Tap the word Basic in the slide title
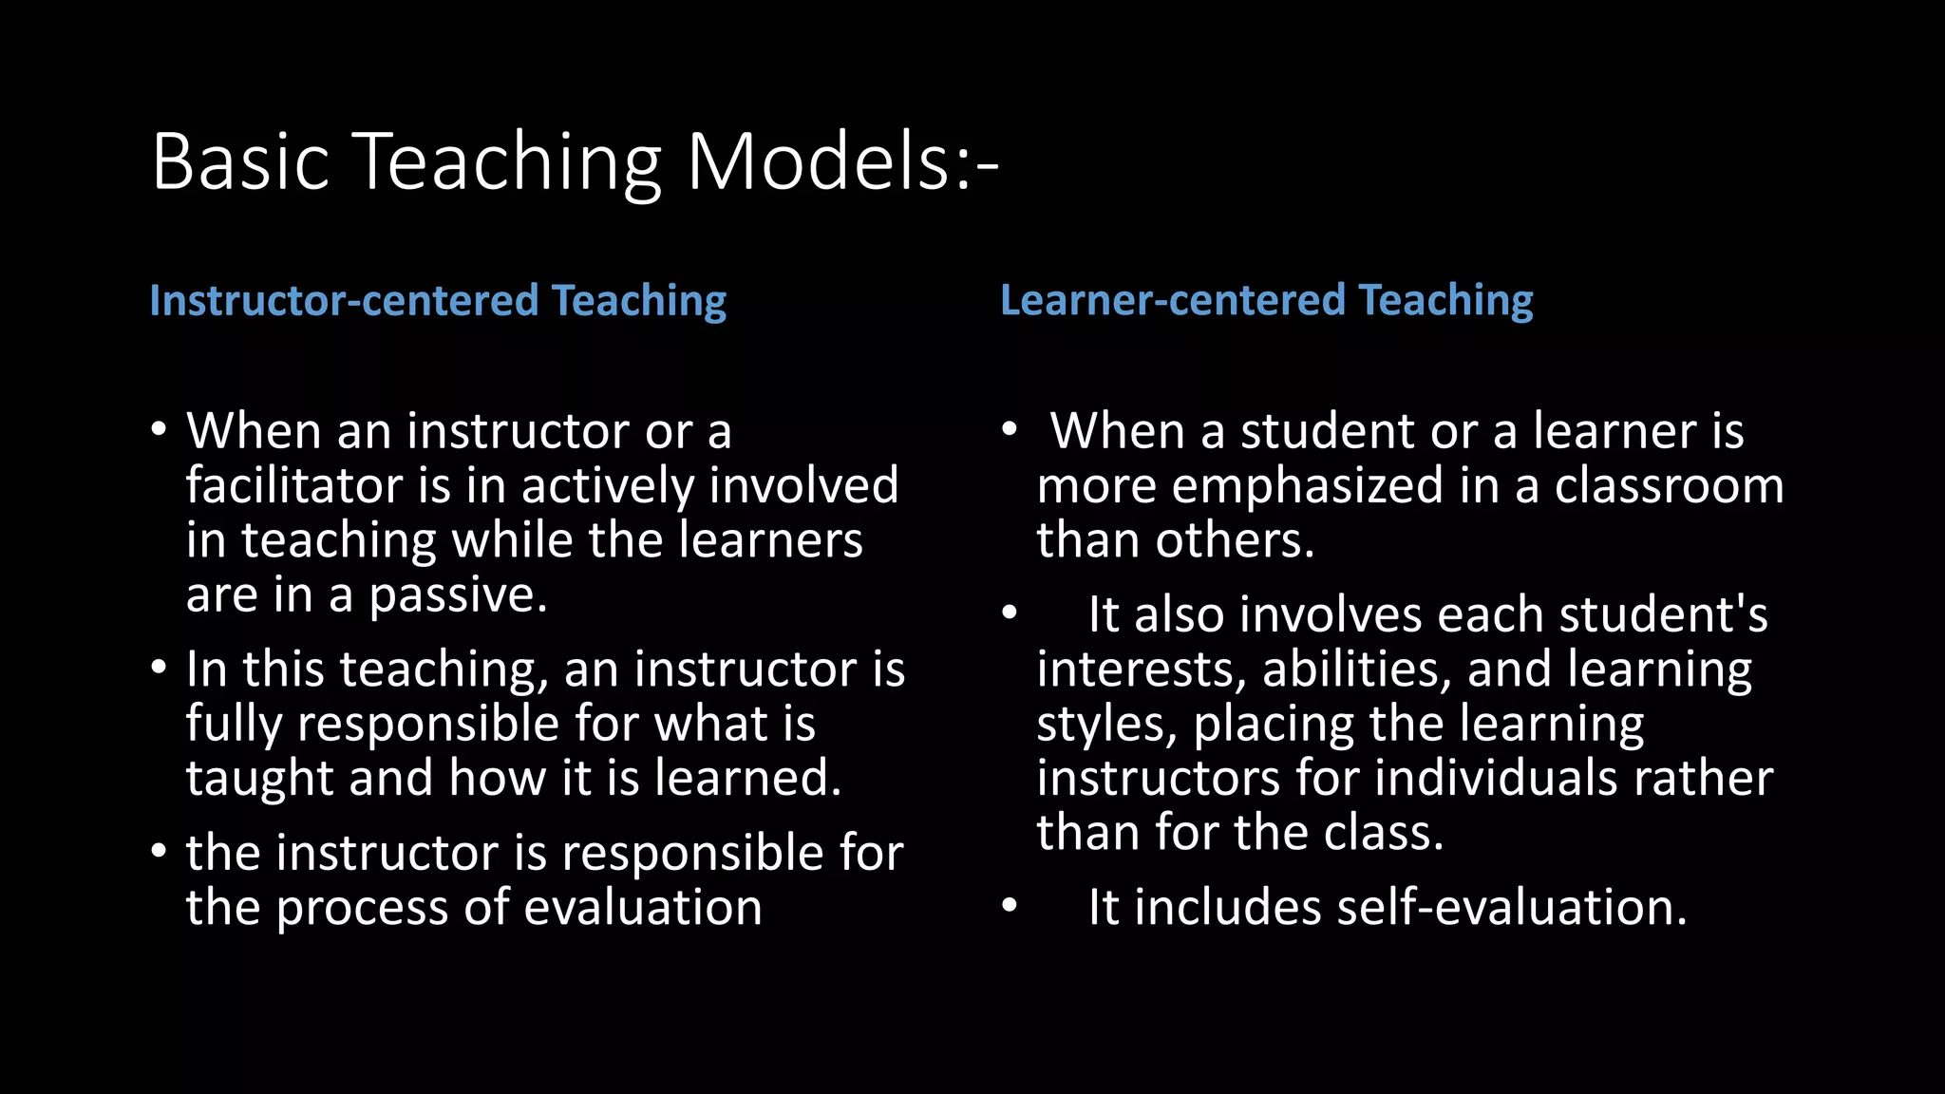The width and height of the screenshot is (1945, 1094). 240,161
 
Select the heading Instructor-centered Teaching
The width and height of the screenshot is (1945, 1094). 438,300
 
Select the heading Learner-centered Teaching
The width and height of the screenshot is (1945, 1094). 1267,300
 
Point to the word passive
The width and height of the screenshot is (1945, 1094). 457,596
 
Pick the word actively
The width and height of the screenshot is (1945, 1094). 608,487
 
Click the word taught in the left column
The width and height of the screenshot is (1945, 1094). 259,779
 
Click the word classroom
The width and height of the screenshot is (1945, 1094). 1669,485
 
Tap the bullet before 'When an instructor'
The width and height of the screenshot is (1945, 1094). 159,430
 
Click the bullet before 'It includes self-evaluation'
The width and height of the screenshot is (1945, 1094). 1010,906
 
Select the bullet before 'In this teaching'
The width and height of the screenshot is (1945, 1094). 159,669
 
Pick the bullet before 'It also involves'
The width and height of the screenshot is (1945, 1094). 1010,613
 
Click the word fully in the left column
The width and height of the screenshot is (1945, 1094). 234,725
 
